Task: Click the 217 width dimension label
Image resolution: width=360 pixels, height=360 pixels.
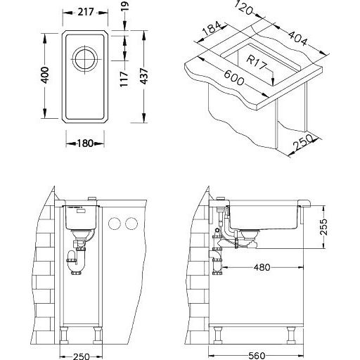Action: click(x=86, y=12)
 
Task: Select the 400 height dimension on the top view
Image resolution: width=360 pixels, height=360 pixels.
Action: click(x=45, y=75)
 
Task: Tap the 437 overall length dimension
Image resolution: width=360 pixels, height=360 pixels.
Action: click(x=144, y=76)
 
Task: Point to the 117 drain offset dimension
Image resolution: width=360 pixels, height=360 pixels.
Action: click(x=124, y=79)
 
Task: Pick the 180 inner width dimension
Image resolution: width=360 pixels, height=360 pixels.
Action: click(x=85, y=143)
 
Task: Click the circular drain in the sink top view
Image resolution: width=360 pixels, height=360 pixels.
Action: click(x=85, y=58)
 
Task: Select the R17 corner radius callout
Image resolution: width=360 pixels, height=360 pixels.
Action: click(x=256, y=62)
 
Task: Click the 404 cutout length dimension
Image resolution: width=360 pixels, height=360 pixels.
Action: click(x=297, y=38)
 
